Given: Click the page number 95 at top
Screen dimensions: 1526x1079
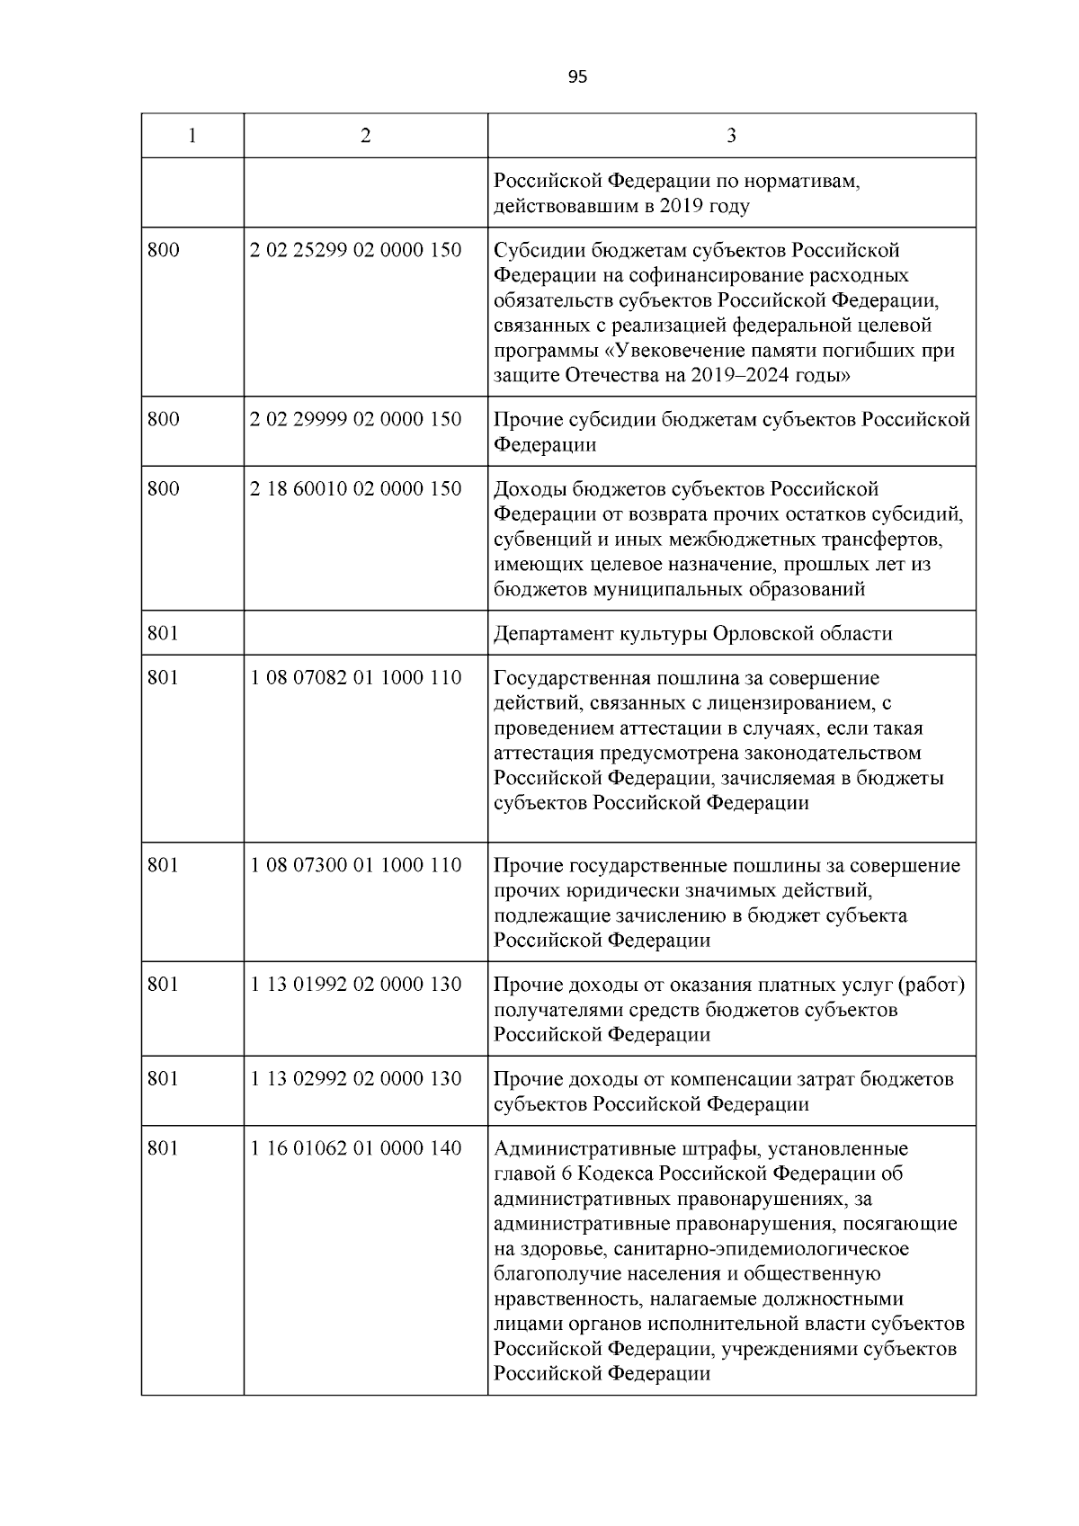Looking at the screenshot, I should pyautogui.click(x=577, y=77).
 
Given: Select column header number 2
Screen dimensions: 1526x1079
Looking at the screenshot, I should pyautogui.click(x=365, y=136).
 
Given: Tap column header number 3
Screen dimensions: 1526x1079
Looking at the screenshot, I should pyautogui.click(x=731, y=136).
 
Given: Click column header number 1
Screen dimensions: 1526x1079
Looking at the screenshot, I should pyautogui.click(x=192, y=136).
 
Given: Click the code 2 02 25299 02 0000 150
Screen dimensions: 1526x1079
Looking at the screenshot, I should pyautogui.click(x=356, y=250).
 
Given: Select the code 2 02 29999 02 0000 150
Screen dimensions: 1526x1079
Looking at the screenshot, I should pyautogui.click(x=356, y=419).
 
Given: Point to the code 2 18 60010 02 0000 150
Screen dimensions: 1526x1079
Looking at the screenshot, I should pyautogui.click(x=356, y=489).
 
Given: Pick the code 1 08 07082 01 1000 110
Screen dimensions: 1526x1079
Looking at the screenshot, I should pyautogui.click(x=356, y=678).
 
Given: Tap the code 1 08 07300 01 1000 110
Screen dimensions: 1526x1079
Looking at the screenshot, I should pyautogui.click(x=356, y=865).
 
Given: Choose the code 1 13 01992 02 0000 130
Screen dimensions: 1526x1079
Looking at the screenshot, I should pyautogui.click(x=356, y=985).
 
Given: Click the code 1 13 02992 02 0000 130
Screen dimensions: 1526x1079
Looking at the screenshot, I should pyautogui.click(x=356, y=1079).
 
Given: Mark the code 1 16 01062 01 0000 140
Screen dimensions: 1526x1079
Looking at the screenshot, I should pyautogui.click(x=356, y=1148).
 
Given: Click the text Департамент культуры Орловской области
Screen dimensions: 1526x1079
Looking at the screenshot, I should pyautogui.click(x=692, y=634).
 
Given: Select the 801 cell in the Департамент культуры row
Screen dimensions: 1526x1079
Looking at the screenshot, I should pyautogui.click(x=164, y=634).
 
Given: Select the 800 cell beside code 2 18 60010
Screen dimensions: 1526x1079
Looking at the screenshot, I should pyautogui.click(x=164, y=489).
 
